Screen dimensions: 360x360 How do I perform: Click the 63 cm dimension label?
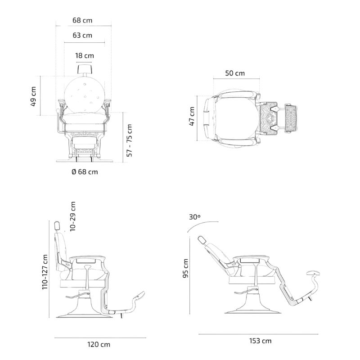click(x=84, y=35)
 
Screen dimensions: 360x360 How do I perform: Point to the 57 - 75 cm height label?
click(x=130, y=140)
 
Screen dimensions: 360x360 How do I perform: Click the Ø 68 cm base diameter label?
click(x=84, y=171)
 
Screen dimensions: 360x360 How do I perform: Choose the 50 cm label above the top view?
click(x=235, y=73)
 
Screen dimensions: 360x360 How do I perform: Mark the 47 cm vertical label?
click(x=192, y=117)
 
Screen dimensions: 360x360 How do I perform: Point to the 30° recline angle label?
click(x=194, y=216)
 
